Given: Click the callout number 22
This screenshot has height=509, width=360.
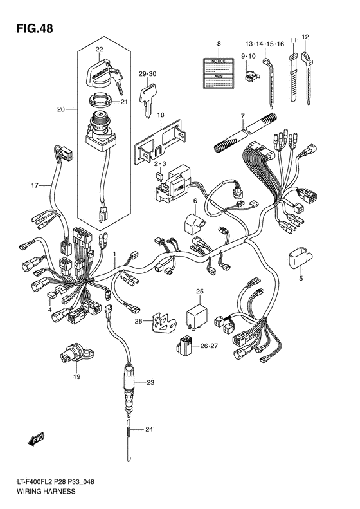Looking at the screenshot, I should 99,49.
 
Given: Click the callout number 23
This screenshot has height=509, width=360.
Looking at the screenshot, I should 150,383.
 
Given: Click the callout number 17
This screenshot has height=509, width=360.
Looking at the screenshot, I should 36,186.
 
